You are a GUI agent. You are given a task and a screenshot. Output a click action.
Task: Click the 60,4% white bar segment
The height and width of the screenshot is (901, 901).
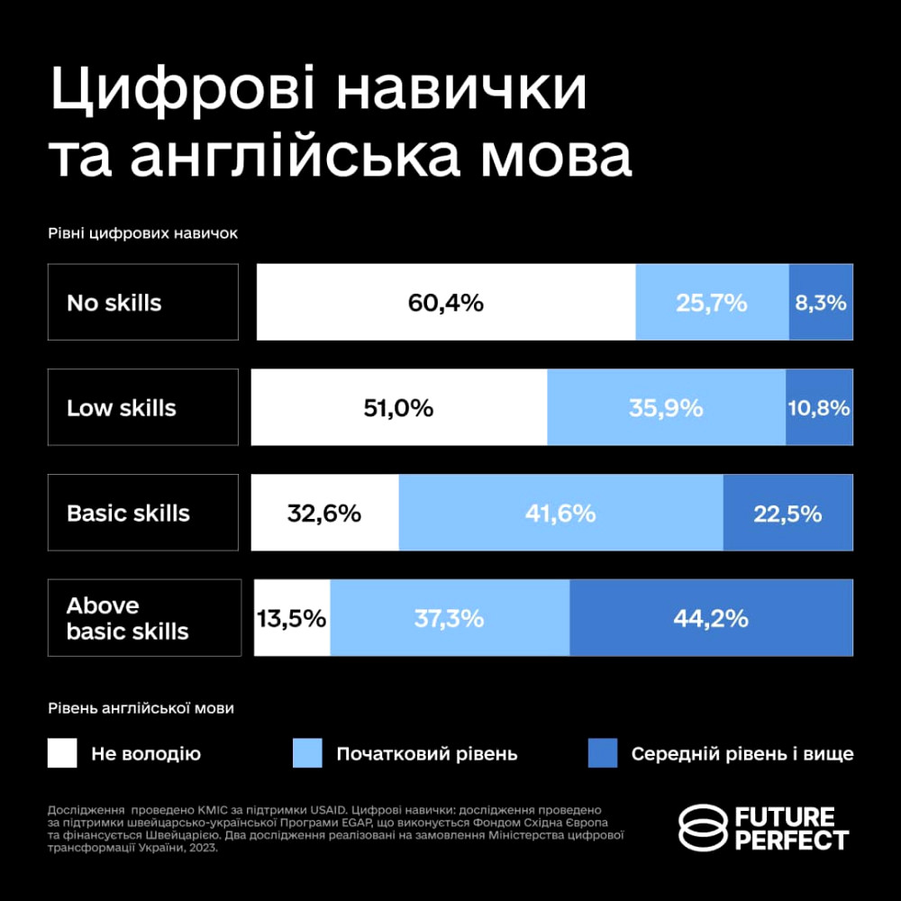pyautogui.click(x=446, y=303)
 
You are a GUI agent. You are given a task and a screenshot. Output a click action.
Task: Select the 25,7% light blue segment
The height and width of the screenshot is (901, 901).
pyautogui.click(x=712, y=303)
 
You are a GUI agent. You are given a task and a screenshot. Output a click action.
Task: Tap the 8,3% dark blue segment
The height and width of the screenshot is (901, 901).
pyautogui.click(x=821, y=303)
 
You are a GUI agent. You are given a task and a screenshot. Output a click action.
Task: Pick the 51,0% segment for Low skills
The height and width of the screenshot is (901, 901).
pyautogui.click(x=398, y=408)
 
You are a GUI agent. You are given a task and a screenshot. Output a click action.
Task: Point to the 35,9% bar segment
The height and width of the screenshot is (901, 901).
pyautogui.click(x=666, y=408)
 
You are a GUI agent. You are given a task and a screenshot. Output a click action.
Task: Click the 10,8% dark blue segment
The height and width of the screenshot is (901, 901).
pyautogui.click(x=819, y=408)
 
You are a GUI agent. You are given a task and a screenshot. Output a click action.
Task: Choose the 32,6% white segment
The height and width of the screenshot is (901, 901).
pyautogui.click(x=324, y=514)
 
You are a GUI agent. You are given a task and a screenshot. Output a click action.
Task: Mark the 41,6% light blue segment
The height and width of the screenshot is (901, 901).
pyautogui.click(x=560, y=514)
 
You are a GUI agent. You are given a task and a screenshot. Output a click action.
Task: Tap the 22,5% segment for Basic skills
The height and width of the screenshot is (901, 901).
pyautogui.click(x=787, y=514)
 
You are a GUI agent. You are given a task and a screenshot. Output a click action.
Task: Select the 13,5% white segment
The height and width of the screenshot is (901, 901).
pyautogui.click(x=291, y=619)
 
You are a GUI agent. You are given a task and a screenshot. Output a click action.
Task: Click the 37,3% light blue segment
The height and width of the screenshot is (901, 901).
pyautogui.click(x=450, y=619)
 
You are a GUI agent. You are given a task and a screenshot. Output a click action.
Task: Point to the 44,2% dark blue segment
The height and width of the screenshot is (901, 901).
pyautogui.click(x=711, y=619)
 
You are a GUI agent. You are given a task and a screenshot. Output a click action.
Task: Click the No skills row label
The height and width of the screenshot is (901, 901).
pyautogui.click(x=143, y=303)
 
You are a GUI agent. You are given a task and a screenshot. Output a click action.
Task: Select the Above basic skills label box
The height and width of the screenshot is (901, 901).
pyautogui.click(x=144, y=618)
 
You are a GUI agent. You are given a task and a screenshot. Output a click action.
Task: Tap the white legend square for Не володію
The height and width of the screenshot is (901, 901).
pyautogui.click(x=62, y=753)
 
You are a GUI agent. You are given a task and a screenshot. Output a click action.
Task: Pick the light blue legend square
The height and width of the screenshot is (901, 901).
pyautogui.click(x=307, y=753)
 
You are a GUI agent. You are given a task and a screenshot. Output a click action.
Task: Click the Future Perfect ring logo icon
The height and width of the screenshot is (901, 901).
pyautogui.click(x=703, y=828)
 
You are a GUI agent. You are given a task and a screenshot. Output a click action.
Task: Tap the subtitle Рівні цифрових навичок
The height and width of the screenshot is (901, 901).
pyautogui.click(x=142, y=232)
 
